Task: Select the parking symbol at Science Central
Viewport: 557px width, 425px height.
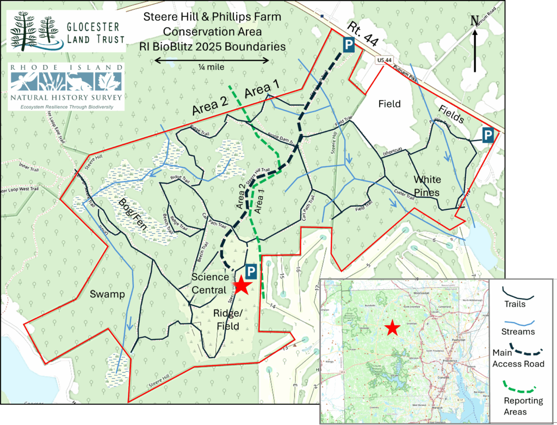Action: [250, 271]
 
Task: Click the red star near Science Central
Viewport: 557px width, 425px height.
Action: [242, 285]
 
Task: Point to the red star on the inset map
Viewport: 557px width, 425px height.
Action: [392, 328]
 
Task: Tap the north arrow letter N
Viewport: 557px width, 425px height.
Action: [474, 21]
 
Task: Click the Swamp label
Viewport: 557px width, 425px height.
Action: [108, 294]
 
